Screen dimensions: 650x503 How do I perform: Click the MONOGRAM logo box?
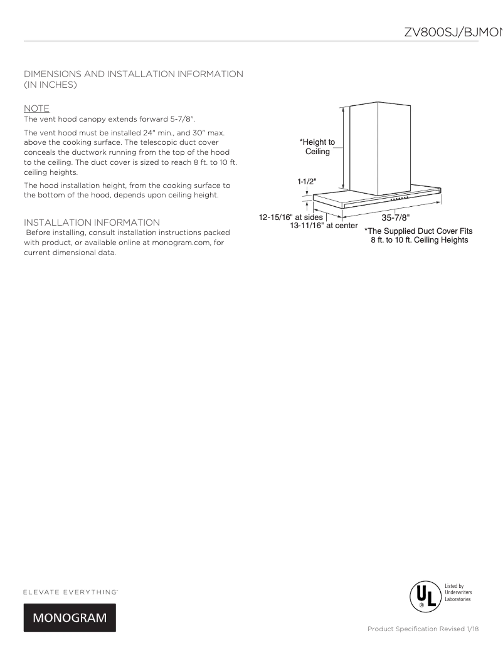[70, 617]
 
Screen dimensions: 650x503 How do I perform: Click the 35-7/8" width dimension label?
[395, 218]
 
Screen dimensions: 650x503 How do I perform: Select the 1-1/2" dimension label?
[307, 181]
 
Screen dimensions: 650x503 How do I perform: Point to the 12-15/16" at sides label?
[291, 218]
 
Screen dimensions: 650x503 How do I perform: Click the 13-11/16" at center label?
[324, 226]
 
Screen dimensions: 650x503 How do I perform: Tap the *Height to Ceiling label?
[317, 147]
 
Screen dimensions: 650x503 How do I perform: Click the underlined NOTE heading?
[36, 108]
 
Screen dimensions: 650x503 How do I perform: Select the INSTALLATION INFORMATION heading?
[92, 223]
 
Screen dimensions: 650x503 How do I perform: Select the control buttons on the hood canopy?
[400, 197]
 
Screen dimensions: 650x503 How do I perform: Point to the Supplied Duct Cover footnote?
[418, 235]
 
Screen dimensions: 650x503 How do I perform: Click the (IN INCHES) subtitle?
[50, 85]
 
